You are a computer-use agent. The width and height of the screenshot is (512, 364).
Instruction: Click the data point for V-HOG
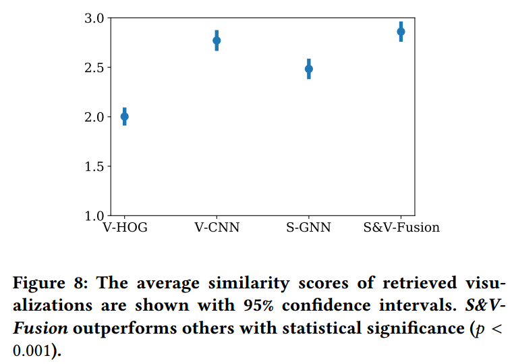[x=124, y=117]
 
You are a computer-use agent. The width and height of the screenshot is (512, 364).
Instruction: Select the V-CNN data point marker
[x=217, y=41]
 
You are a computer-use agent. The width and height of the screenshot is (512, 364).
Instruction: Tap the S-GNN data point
[x=309, y=69]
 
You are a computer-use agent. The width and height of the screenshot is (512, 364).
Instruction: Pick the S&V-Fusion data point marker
[x=401, y=32]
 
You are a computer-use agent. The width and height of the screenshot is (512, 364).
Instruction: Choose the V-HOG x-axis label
[x=124, y=228]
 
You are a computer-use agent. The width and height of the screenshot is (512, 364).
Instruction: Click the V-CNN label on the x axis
[x=217, y=228]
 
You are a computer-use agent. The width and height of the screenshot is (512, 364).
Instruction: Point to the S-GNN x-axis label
[x=309, y=228]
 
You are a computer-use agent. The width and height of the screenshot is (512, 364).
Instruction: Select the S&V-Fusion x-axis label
[x=401, y=228]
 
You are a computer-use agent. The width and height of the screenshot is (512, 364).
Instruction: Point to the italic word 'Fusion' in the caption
[x=40, y=328]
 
